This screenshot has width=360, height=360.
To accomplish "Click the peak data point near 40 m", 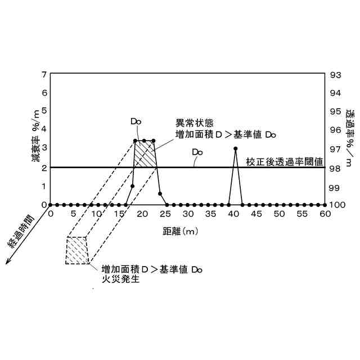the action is click(x=235, y=148).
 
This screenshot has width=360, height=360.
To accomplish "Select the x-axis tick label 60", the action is click(x=326, y=214).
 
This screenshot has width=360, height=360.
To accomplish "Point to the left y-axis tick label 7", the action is click(x=44, y=74).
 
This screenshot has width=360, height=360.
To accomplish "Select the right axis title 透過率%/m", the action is click(x=350, y=137).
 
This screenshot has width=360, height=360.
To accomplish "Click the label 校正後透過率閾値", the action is click(x=285, y=162).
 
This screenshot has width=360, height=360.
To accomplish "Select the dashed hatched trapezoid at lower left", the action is click(x=78, y=250).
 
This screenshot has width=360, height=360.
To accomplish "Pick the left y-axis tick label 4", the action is click(x=44, y=130).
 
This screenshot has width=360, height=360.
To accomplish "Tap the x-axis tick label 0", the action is click(x=51, y=214).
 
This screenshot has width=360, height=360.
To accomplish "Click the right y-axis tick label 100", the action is click(x=337, y=205).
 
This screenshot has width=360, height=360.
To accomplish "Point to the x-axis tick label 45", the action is click(x=256, y=214).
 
